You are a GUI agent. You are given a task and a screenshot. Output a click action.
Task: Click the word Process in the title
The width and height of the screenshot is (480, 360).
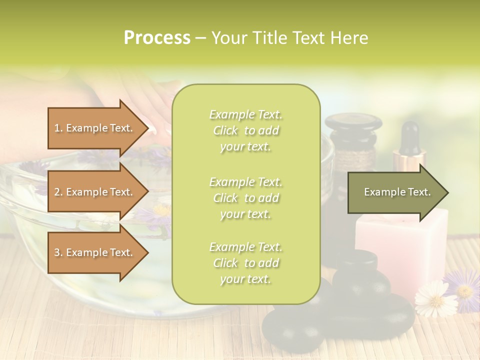pyautogui.click(x=157, y=38)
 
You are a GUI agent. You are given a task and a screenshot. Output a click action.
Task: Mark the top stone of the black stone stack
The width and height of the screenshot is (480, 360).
pyautogui.click(x=356, y=262)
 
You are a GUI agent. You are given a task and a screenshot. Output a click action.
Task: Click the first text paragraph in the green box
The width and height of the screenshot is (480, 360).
pyautogui.click(x=246, y=130)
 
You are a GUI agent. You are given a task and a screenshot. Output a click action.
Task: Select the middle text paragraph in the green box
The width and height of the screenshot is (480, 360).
pyautogui.click(x=246, y=197)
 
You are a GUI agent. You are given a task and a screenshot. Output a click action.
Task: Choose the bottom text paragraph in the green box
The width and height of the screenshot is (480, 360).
pyautogui.click(x=246, y=263)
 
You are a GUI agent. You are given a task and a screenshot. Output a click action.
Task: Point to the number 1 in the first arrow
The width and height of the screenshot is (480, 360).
pyautogui.click(x=57, y=128)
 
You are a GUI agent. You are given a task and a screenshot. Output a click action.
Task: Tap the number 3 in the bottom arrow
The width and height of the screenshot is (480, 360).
pyautogui.click(x=57, y=252)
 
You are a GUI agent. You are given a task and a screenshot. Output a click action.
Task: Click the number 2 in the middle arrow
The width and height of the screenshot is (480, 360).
pyautogui.click(x=57, y=192)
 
